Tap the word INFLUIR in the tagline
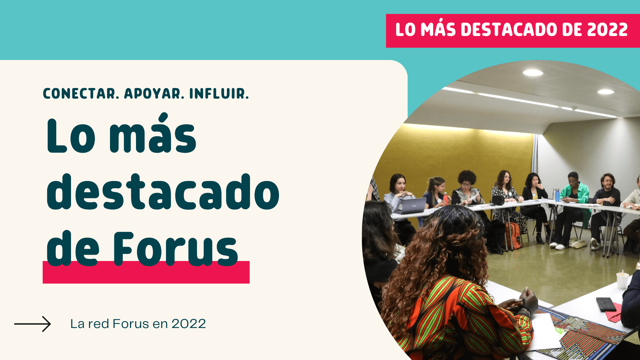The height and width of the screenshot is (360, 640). pos(219,94)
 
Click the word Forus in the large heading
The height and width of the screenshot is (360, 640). pos(176,249)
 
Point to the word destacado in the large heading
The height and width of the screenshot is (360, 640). pos(163,192)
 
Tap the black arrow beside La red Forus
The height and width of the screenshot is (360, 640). pos(32,324)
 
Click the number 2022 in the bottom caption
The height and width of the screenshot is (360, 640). pos(189,324)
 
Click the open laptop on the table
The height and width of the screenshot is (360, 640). pos(413,206)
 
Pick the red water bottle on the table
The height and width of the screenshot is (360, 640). pos(445,199)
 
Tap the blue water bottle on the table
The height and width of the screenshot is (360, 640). pos(557,195)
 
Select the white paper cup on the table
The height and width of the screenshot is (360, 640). pos(622,280)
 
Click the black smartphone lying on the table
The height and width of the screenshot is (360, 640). pos(606,304)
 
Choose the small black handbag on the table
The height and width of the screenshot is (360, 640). pos(498,200)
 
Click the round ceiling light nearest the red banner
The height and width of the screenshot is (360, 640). pos(532,72)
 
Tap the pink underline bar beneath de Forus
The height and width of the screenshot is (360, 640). pos(146,275)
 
